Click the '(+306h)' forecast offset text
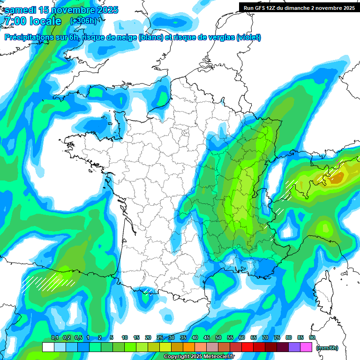tap(83, 21)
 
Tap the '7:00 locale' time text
tap(32, 21)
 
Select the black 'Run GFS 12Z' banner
tap(299, 7)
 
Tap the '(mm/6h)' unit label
tap(327, 348)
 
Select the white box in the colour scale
tap(48, 347)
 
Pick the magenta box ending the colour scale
tap(306, 347)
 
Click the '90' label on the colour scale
tap(312, 337)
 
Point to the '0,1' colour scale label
tap(55, 337)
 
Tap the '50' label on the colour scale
tap(218, 337)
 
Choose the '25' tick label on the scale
tap(160, 337)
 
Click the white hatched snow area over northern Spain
tap(47, 281)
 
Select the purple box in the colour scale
tap(294, 347)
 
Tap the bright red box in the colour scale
tap(247, 347)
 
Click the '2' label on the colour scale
tap(100, 337)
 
